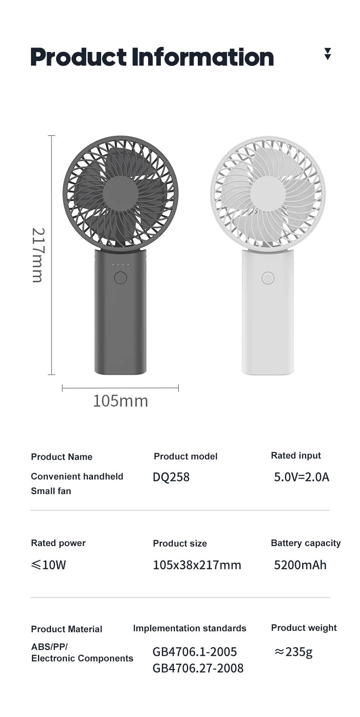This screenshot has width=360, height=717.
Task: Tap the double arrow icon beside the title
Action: point(327,54)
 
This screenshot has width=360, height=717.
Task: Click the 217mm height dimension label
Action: point(37,255)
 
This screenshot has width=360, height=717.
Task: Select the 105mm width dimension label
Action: point(120,401)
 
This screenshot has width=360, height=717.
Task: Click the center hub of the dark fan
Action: point(120,193)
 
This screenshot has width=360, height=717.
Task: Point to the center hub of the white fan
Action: point(268,193)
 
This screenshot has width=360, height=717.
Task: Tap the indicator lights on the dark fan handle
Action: point(120,264)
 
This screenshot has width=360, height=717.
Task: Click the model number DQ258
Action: point(171,477)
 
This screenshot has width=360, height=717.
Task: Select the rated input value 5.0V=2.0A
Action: point(301,477)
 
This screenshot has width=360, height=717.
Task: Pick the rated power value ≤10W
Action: point(49,565)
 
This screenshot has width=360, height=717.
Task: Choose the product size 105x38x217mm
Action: point(197,565)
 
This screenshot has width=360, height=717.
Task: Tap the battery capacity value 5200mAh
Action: point(300,565)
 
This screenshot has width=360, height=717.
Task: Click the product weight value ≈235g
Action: point(293,652)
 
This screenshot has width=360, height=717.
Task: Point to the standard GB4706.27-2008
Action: point(198,668)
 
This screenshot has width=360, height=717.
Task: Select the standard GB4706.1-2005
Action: point(195,652)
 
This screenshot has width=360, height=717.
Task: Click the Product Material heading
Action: point(67,629)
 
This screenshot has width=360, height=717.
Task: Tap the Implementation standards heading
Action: point(190,628)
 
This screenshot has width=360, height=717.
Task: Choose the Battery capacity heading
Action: point(306,543)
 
